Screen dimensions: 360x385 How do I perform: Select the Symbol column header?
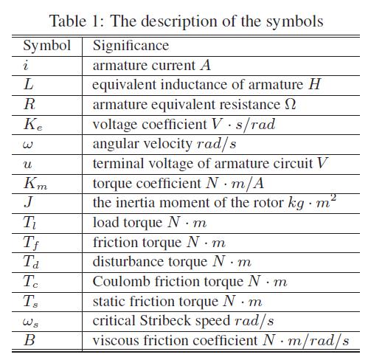[47, 46]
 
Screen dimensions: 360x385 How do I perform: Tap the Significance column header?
[131, 46]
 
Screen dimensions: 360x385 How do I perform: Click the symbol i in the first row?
[27, 66]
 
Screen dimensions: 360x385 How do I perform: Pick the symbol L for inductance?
[28, 85]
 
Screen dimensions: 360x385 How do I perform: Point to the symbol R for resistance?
[29, 105]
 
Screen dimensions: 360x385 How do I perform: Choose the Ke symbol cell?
[32, 125]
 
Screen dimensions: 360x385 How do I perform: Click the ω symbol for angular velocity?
[28, 144]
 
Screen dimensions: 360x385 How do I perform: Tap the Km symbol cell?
[34, 183]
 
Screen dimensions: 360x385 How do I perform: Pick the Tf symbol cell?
[31, 242]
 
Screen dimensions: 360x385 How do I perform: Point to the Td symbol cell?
[31, 262]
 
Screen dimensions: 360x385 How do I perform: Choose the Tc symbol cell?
[31, 282]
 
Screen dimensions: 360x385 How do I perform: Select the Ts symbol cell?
[31, 301]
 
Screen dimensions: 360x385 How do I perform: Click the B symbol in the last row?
[29, 341]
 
